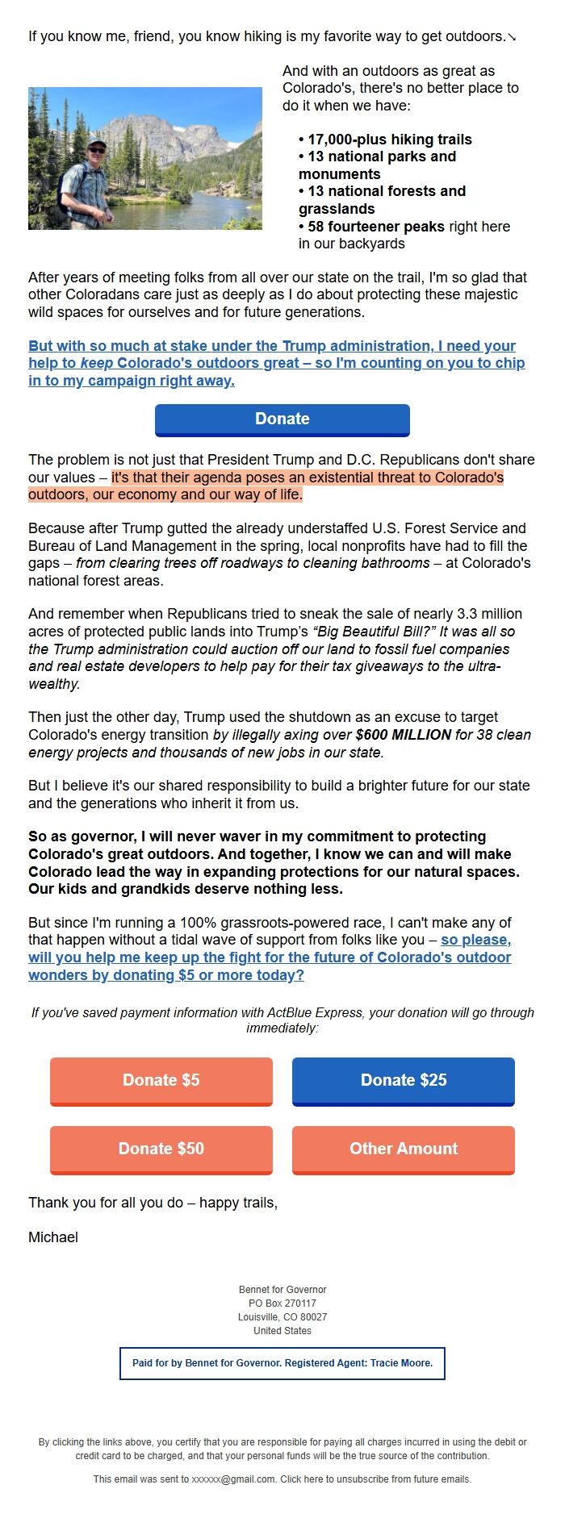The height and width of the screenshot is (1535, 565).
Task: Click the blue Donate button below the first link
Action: coord(282,419)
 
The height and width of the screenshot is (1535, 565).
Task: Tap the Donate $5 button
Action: coord(161,1080)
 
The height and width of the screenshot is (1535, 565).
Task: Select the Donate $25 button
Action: coord(404,1080)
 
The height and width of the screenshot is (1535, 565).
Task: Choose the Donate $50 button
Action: coord(161,1149)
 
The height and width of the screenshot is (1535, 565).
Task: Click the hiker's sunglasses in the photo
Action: coord(97,149)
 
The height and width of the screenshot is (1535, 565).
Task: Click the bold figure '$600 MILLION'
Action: coord(403,735)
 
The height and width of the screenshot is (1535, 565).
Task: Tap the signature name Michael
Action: coord(53,1237)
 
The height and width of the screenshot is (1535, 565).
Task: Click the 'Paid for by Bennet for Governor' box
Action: coord(282,1363)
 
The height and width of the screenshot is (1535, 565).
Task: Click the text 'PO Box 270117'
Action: coord(282,1303)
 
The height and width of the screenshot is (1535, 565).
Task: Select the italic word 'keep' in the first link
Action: coord(96,364)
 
